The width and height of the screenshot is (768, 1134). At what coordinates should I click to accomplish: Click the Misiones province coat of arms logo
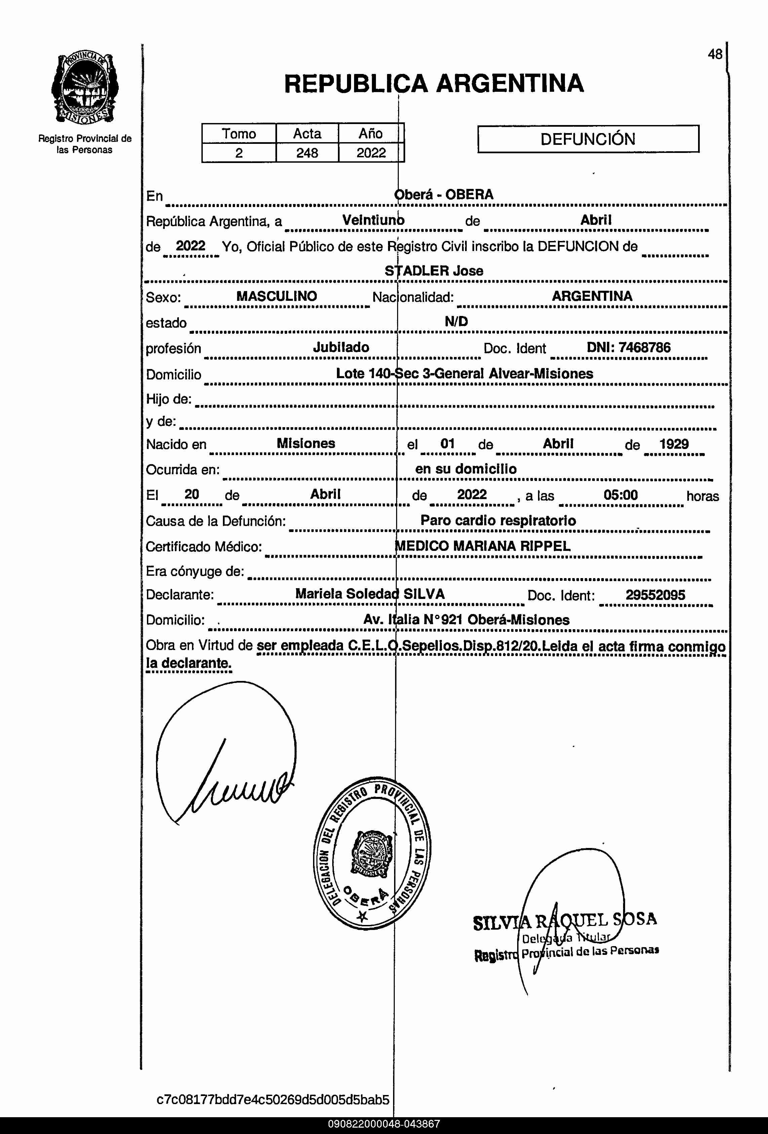click(x=84, y=88)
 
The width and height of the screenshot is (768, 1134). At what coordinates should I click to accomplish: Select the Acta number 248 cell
click(x=307, y=153)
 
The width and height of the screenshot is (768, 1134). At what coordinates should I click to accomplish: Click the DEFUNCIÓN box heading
click(x=588, y=139)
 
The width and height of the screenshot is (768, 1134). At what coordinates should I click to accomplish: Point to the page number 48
click(x=715, y=54)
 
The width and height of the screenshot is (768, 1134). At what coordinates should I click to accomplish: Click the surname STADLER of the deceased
click(x=417, y=271)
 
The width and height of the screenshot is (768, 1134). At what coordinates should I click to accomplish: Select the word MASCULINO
click(x=276, y=296)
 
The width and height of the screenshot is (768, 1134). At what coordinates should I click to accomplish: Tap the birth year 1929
click(x=674, y=444)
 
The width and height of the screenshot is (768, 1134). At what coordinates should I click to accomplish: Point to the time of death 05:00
click(x=620, y=495)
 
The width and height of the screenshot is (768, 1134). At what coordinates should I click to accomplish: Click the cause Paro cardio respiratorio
click(x=498, y=521)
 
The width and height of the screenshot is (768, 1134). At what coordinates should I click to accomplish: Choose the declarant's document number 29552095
click(x=655, y=595)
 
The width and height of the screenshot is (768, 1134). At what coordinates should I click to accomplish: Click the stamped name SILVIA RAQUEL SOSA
click(x=565, y=921)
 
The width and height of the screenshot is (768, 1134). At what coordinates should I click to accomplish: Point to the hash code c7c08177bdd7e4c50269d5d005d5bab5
click(x=273, y=1099)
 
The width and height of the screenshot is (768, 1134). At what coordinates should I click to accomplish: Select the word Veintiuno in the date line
click(x=373, y=220)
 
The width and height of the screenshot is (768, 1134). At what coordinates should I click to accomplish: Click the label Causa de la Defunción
click(x=215, y=521)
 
